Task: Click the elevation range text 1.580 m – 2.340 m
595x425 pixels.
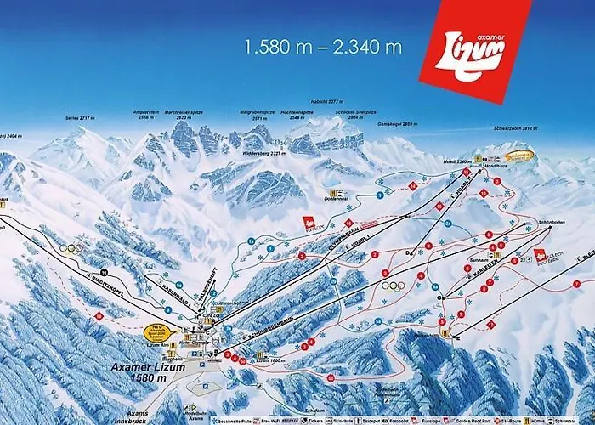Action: point(323,46)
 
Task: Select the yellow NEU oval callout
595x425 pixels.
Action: point(155,331)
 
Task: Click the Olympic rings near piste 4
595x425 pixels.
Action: point(393,286)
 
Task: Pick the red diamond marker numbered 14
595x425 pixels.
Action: point(412,185)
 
